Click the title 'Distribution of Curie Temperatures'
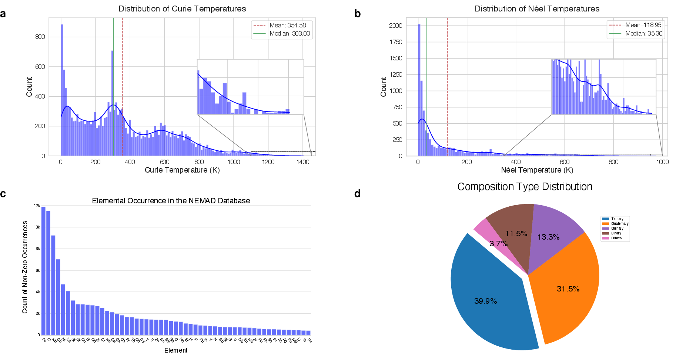click(x=182, y=9)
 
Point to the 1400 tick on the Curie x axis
click(x=303, y=162)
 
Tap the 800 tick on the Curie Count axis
click(x=40, y=37)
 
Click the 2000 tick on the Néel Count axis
click(x=395, y=26)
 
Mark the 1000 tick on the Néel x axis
click(x=662, y=162)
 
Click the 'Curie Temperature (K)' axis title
click(x=182, y=170)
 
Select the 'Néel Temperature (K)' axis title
click(x=537, y=170)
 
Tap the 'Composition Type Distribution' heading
click(x=525, y=187)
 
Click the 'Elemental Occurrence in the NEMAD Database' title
click(x=171, y=201)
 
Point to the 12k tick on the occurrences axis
click(x=37, y=206)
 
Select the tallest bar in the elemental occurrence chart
click(x=43, y=270)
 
